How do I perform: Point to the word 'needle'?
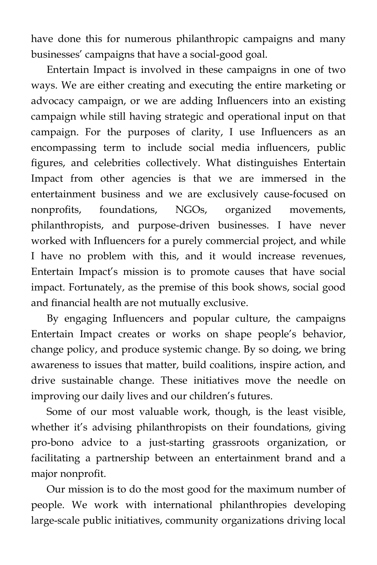312,380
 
